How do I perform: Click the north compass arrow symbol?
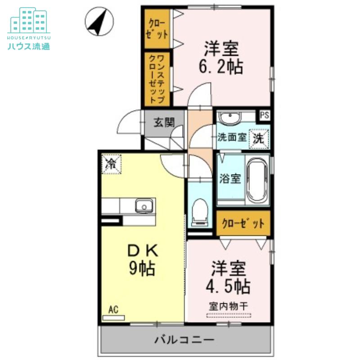tap(99, 21)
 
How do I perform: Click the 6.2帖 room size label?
tap(221, 67)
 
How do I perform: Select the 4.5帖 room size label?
tap(228, 286)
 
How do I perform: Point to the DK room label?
tap(143, 251)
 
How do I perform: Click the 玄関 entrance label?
tap(164, 122)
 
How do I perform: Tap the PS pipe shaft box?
tap(265, 115)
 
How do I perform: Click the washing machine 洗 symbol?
tap(259, 139)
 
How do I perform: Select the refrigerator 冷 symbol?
tap(112, 164)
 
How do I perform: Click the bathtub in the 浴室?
tap(257, 180)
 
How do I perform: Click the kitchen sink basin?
tap(144, 205)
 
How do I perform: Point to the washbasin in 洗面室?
tap(230, 117)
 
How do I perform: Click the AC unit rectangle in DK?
tap(114, 318)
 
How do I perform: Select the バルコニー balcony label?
tap(184, 340)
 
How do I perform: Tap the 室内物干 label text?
tap(229, 306)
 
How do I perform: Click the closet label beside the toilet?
tap(243, 223)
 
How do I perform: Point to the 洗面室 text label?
tap(232, 137)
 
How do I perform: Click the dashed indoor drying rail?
tap(229, 315)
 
